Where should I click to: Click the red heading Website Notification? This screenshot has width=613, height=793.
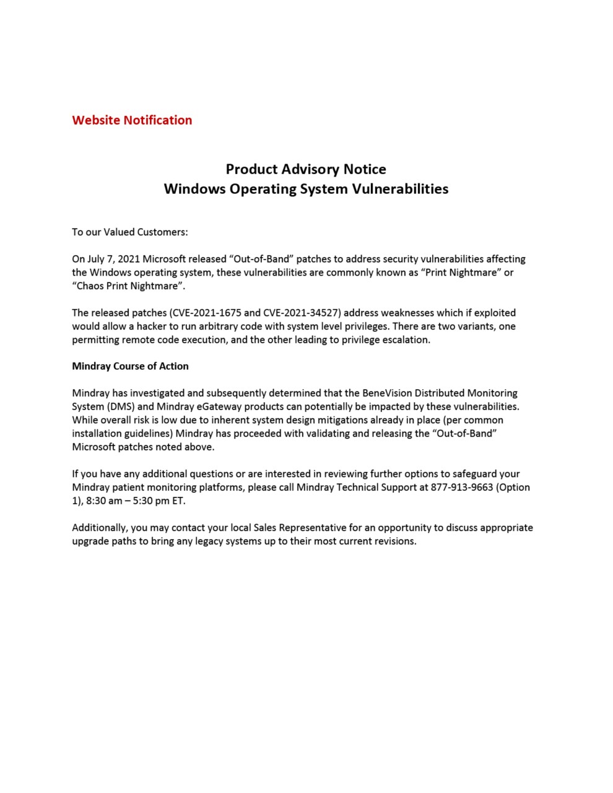coord(132,120)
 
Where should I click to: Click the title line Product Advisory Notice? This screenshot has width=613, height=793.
coord(306,169)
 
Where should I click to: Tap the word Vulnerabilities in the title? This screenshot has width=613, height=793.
coord(400,189)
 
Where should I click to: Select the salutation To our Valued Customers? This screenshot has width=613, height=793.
coord(129,232)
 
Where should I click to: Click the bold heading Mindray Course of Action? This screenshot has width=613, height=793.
coord(130,366)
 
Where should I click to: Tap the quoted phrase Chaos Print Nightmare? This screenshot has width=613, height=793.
coord(128,286)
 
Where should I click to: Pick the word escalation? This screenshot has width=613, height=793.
coord(402,340)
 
